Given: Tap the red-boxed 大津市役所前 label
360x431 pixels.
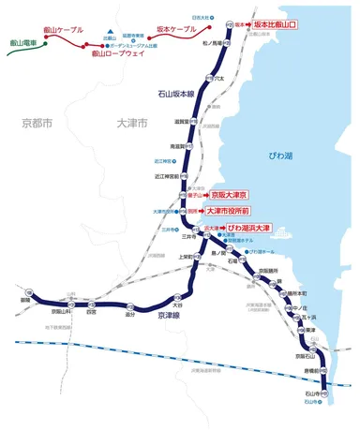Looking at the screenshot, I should point(236,212).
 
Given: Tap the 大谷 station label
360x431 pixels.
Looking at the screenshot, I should point(175,305).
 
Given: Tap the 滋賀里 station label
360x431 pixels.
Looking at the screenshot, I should point(184,121).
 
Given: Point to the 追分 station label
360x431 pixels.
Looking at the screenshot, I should point(130,314).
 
